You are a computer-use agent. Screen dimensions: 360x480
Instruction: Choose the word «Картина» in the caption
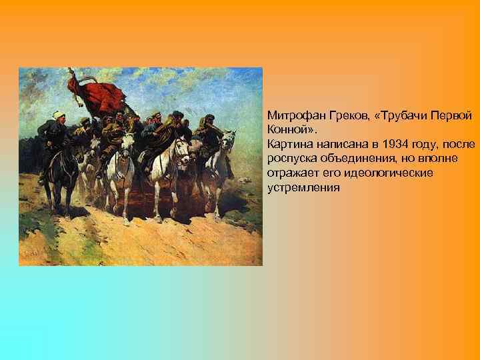pos(288,143)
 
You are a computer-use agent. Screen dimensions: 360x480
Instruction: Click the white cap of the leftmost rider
pos(59,113)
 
